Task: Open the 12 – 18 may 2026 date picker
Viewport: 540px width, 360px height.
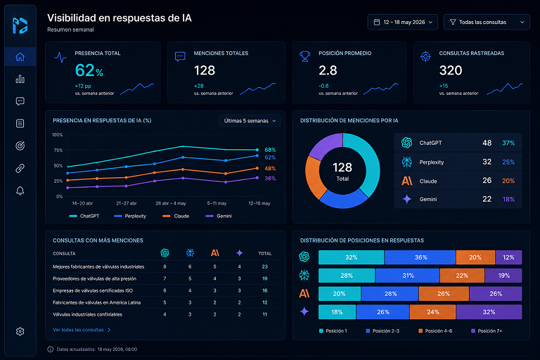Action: click(403, 22)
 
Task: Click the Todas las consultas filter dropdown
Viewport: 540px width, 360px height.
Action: click(487, 22)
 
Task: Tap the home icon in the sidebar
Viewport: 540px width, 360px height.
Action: click(20, 57)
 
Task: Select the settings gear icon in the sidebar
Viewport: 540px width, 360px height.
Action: click(20, 331)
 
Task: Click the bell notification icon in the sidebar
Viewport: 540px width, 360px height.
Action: click(20, 191)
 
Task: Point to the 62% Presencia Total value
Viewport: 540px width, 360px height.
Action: click(89, 70)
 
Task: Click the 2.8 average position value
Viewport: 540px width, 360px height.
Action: click(328, 70)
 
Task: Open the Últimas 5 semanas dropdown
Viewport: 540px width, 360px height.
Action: click(250, 121)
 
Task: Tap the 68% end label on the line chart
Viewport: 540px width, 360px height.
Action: click(270, 150)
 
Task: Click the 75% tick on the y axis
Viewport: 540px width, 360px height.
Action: click(58, 150)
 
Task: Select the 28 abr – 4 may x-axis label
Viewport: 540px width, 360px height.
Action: click(171, 203)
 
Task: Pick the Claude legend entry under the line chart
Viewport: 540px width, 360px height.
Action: click(176, 216)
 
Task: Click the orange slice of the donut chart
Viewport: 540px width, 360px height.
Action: click(314, 177)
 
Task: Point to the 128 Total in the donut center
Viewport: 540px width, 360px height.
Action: click(342, 172)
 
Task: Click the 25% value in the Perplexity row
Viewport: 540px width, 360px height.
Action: click(508, 162)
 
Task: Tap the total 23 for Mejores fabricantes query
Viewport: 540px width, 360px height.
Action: click(264, 266)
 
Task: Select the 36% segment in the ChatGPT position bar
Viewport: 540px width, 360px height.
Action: click(420, 257)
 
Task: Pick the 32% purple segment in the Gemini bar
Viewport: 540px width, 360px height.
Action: click(489, 311)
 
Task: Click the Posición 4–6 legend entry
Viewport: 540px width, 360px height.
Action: click(435, 330)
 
